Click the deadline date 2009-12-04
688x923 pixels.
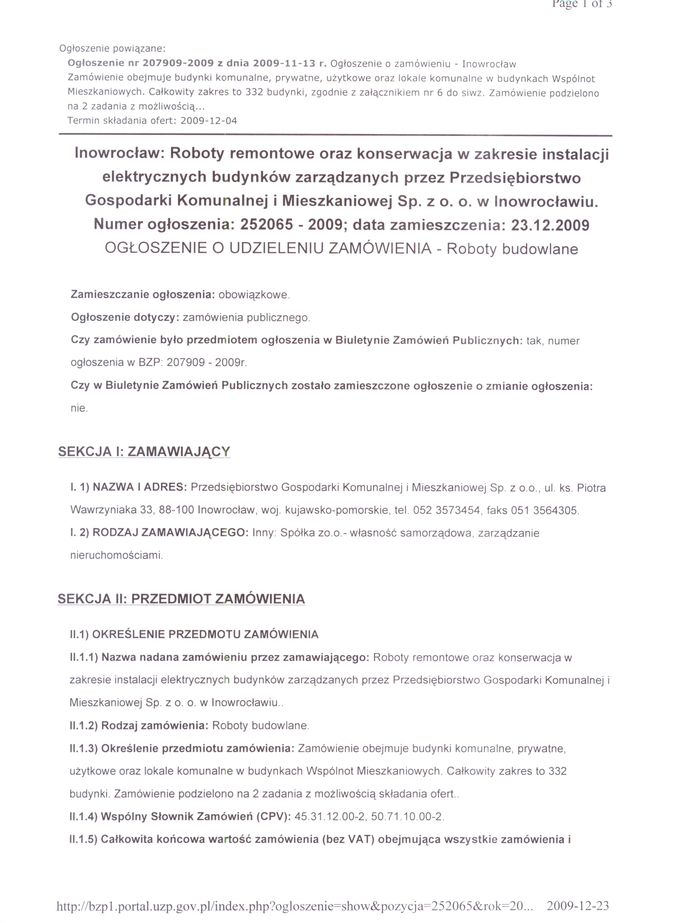coord(209,121)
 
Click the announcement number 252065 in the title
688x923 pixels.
coord(267,225)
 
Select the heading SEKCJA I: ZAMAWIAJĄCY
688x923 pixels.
coord(144,452)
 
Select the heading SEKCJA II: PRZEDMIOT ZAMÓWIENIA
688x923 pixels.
coord(181,599)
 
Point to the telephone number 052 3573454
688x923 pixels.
coord(447,510)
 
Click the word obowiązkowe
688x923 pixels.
coord(253,295)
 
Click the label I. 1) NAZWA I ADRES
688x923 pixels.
coord(129,487)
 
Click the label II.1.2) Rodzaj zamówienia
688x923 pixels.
coord(139,726)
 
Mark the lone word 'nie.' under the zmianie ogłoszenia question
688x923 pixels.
coord(79,408)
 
